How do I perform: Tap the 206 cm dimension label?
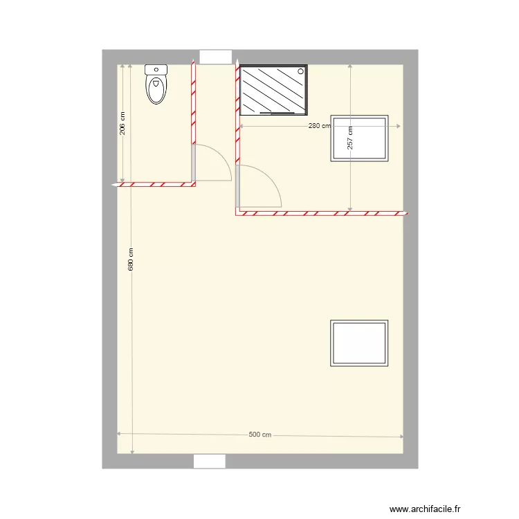click(122, 124)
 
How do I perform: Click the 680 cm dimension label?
click(131, 259)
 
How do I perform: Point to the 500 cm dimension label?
click(259, 435)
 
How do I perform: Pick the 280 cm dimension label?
click(319, 126)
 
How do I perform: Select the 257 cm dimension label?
click(350, 138)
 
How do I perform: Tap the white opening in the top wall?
click(215, 57)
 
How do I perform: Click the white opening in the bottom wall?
click(210, 461)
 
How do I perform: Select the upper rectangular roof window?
click(359, 138)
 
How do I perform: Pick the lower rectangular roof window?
click(359, 343)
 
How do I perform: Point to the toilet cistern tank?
click(156, 69)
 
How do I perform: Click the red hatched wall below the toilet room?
click(156, 185)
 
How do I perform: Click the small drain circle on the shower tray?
click(300, 70)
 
